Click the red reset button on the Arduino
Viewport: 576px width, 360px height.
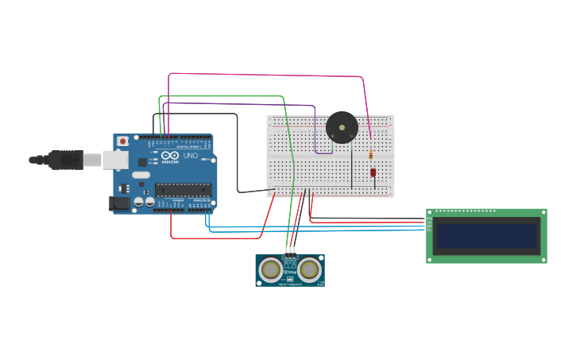pyautogui.click(x=122, y=141)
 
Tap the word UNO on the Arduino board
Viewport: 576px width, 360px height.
pyautogui.click(x=190, y=156)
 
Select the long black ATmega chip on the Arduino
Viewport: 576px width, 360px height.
pyautogui.click(x=183, y=188)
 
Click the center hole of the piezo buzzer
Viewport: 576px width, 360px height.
pyautogui.click(x=342, y=127)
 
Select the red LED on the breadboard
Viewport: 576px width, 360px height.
pyautogui.click(x=373, y=172)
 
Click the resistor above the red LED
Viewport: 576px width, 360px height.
pyautogui.click(x=371, y=153)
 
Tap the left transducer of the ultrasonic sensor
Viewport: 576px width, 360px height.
pyautogui.click(x=271, y=270)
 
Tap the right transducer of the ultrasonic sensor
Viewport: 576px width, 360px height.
pyautogui.click(x=309, y=270)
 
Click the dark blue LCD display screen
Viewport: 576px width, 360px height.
pyautogui.click(x=486, y=235)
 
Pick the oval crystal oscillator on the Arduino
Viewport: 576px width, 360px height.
pyautogui.click(x=141, y=174)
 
